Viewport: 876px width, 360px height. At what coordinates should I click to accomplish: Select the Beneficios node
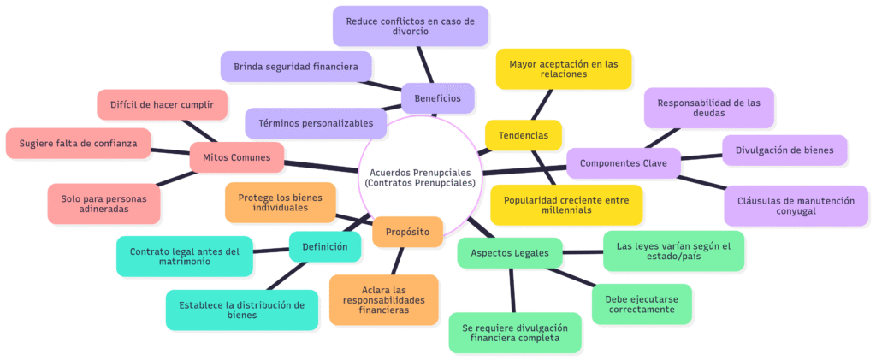pyautogui.click(x=437, y=98)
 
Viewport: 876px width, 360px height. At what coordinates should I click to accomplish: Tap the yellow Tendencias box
pyautogui.click(x=523, y=135)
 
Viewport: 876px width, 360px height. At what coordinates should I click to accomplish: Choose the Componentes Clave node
pyautogui.click(x=623, y=163)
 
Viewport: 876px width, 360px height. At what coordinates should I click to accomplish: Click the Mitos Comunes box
pyautogui.click(x=237, y=157)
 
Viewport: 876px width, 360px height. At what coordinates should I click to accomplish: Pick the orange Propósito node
pyautogui.click(x=407, y=231)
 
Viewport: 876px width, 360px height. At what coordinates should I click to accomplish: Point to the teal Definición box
pyautogui.click(x=324, y=247)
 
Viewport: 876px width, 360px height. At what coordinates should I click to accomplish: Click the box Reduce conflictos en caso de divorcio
pyautogui.click(x=410, y=26)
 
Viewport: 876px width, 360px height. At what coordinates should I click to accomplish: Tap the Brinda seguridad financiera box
pyautogui.click(x=295, y=66)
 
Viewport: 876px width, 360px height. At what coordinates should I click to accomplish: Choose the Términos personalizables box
pyautogui.click(x=315, y=123)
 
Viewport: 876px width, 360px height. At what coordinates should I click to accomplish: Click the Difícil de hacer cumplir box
pyautogui.click(x=163, y=104)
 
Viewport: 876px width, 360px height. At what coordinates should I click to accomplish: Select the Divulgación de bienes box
pyautogui.click(x=784, y=150)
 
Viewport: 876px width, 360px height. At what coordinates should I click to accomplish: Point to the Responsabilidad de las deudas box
pyautogui.click(x=708, y=108)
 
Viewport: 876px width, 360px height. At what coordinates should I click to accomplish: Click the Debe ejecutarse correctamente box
pyautogui.click(x=642, y=304)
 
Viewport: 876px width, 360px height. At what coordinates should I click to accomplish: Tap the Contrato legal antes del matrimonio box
pyautogui.click(x=185, y=257)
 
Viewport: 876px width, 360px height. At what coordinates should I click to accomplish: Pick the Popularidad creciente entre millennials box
pyautogui.click(x=565, y=204)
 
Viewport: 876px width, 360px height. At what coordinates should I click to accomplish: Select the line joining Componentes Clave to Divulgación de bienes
pyautogui.click(x=701, y=157)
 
